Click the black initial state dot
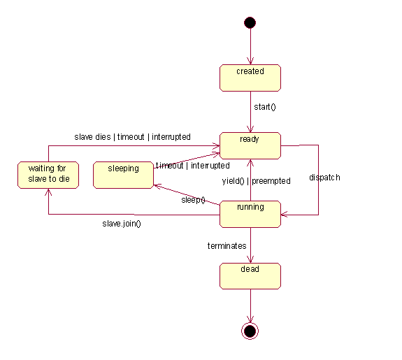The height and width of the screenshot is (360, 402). (250, 22)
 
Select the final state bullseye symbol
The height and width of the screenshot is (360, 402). (250, 331)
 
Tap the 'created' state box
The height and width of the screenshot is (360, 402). (250, 78)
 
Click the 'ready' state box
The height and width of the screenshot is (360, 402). (250, 145)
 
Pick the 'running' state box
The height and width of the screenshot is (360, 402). (250, 214)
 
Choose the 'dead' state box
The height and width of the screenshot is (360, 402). (250, 276)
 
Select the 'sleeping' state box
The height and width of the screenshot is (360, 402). (123, 175)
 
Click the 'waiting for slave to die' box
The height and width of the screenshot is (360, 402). (48, 175)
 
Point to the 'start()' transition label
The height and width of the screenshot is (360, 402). (265, 107)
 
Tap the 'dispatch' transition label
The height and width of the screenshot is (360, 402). (324, 178)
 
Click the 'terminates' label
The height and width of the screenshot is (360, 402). (227, 246)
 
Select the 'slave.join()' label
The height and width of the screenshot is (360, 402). (122, 224)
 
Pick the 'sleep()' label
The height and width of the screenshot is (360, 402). (193, 200)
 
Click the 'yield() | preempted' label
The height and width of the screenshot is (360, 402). (256, 181)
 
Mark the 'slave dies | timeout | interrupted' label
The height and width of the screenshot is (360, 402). (132, 137)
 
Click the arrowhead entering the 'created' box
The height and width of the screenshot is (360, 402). (250, 62)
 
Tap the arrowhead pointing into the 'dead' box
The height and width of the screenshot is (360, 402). (250, 259)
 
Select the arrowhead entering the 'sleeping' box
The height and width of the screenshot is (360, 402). (157, 186)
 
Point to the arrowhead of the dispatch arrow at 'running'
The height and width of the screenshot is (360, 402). (284, 215)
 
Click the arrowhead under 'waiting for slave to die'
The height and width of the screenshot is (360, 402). (48, 192)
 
